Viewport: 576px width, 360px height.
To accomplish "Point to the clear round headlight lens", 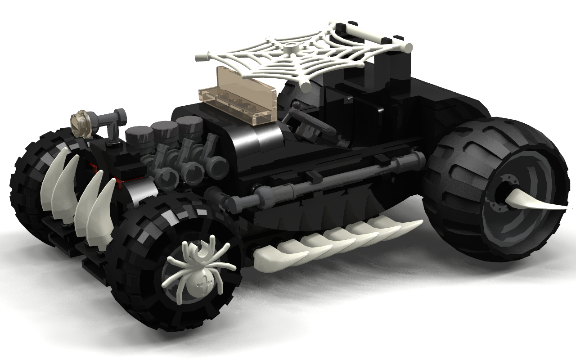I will point(81,122).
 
